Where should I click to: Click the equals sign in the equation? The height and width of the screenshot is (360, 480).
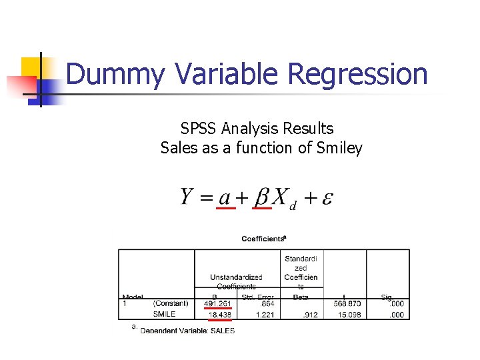(207, 198)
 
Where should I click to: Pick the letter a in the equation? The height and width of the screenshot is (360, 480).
(225, 198)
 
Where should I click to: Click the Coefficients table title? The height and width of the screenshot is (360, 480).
(264, 238)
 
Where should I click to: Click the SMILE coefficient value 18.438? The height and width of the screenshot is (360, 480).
(219, 314)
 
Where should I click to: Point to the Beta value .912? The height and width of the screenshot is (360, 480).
(310, 314)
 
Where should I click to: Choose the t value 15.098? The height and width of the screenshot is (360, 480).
(348, 314)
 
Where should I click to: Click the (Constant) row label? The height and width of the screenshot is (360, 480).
(171, 304)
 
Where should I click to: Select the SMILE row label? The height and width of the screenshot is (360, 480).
(164, 314)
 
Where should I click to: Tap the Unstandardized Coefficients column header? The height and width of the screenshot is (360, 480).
(235, 281)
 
